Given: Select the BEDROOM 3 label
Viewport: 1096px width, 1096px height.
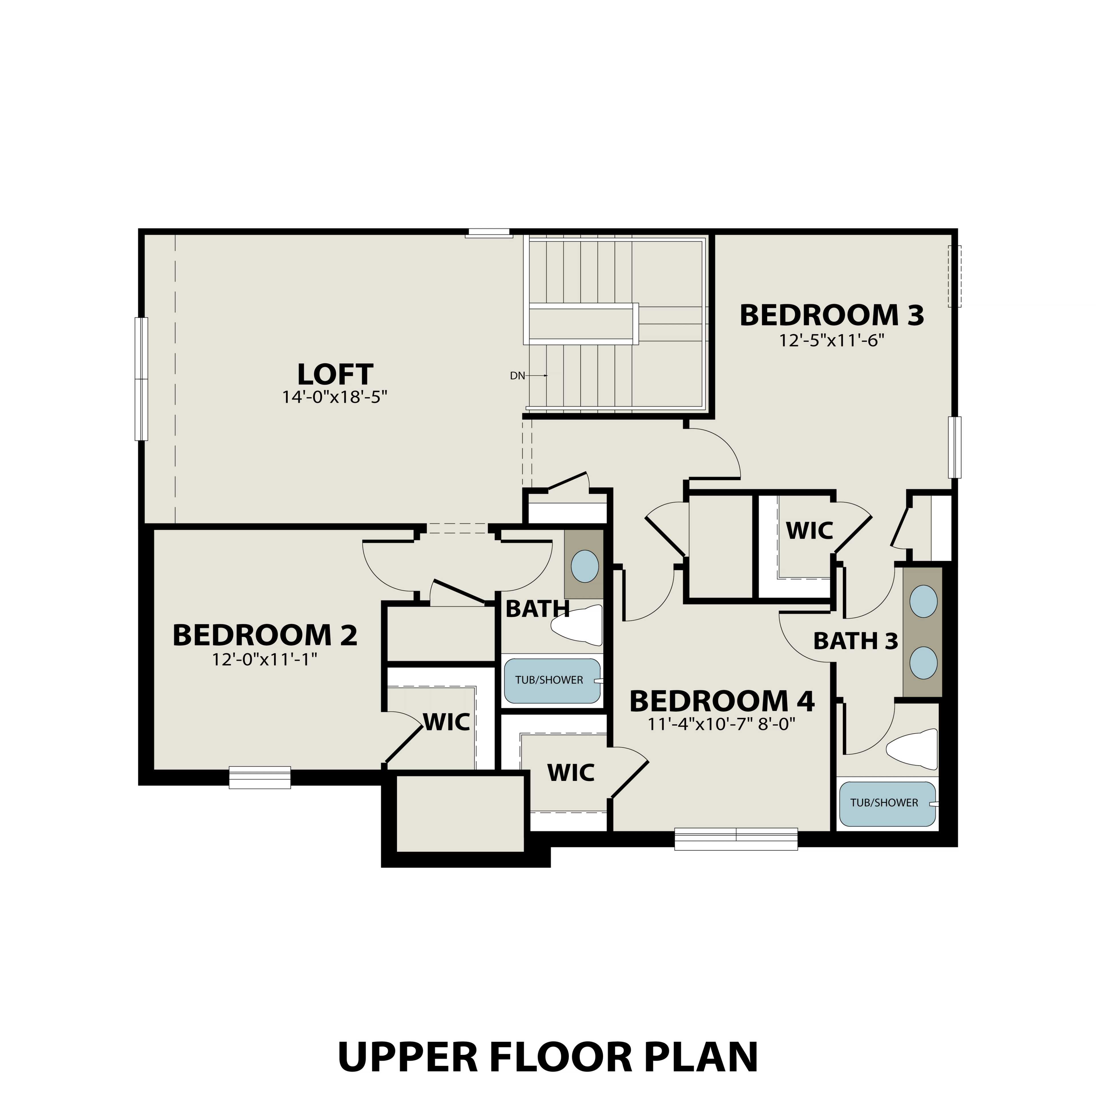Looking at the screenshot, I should [832, 315].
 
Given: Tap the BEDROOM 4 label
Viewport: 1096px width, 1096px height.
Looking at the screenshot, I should [722, 701].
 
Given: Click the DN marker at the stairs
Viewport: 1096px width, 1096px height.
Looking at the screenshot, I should [517, 376].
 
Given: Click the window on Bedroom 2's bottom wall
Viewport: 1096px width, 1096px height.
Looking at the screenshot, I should [260, 778].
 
